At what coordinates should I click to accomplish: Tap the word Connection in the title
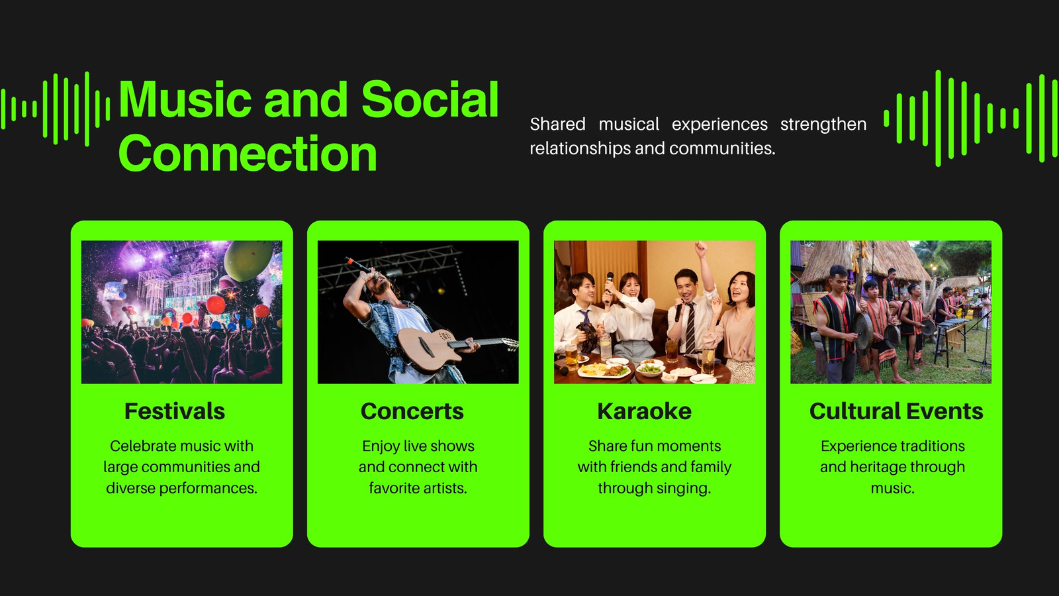[x=248, y=153]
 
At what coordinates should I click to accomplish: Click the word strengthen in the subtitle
[x=823, y=124]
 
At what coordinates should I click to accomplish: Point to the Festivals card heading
[x=175, y=411]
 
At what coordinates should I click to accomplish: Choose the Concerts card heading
[x=412, y=411]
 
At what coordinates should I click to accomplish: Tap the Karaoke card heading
[x=644, y=411]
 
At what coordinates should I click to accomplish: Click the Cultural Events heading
[x=896, y=411]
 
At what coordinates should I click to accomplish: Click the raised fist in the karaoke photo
[x=701, y=248]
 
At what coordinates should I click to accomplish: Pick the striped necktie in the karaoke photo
[x=690, y=327]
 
